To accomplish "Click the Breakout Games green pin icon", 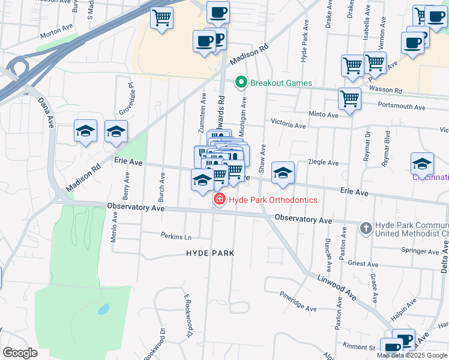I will click(x=241, y=82).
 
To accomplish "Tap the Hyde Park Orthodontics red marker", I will click(x=220, y=200).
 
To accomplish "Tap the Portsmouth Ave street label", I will click(x=402, y=107).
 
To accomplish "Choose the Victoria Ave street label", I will click(x=288, y=125).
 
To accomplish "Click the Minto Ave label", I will click(x=324, y=114).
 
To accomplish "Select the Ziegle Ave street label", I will click(x=324, y=163).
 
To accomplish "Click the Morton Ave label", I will click(x=56, y=34).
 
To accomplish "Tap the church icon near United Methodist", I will click(x=366, y=227).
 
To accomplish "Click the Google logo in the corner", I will click(x=20, y=353).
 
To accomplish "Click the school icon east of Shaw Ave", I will click(x=283, y=173).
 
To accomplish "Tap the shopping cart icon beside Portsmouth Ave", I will click(x=349, y=98).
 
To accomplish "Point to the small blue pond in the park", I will click(x=103, y=310).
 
